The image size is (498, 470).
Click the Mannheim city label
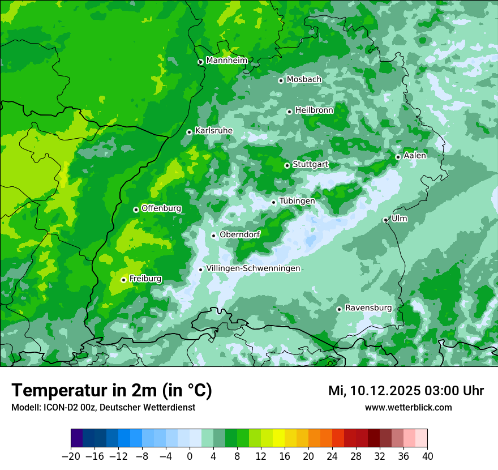[x=226, y=60]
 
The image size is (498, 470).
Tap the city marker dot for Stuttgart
[x=287, y=165]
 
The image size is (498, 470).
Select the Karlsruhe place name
[x=213, y=131]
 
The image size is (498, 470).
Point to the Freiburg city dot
[x=123, y=280]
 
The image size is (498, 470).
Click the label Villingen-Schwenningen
[x=253, y=268]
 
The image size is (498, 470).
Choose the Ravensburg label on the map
[x=368, y=308]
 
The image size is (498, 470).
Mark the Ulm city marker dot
[x=385, y=220]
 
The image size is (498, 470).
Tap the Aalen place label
[x=415, y=156]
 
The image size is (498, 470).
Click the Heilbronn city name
[x=314, y=110]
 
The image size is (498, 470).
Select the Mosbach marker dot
[x=281, y=80]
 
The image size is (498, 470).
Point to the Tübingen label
[x=297, y=201]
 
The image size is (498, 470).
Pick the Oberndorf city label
[x=239, y=234]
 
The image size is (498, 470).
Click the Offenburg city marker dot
[x=136, y=210]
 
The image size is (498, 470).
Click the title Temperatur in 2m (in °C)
[x=111, y=391]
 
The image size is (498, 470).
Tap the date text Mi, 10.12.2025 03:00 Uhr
[x=406, y=391]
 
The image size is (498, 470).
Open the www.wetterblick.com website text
[x=408, y=407]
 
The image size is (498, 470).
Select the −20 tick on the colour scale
[x=71, y=456]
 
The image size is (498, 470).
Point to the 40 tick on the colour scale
[x=427, y=456]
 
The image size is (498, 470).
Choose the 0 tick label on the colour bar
[x=190, y=456]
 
